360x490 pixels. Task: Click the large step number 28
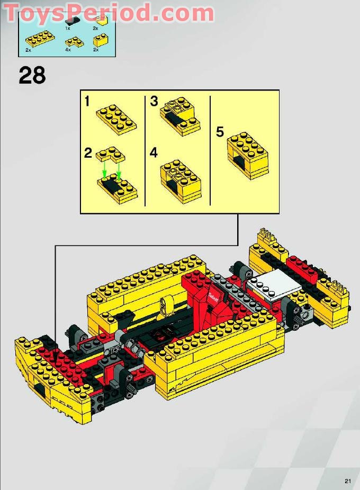coord(32,75)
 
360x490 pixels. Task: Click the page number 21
coord(347,481)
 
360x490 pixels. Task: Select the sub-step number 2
coord(88,153)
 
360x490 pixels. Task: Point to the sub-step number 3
coord(154,102)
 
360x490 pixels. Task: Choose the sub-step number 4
coord(154,153)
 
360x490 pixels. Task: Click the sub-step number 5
coord(220,132)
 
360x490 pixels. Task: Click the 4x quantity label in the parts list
coord(68,49)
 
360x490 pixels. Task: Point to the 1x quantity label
coord(68,28)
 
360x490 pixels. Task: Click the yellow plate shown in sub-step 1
coord(116,119)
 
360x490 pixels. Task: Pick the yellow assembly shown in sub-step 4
coord(181,182)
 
